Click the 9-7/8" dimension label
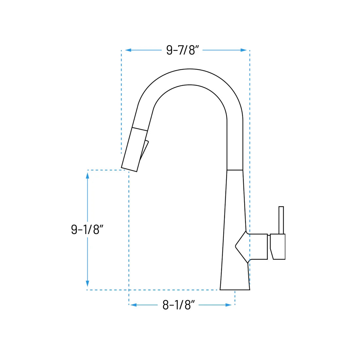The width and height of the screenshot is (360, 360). [183, 50]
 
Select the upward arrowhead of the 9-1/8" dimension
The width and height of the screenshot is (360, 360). [87, 175]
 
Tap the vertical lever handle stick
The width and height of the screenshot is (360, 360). [281, 220]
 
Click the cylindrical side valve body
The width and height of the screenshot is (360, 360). [258, 247]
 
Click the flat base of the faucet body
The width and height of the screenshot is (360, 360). [235, 289]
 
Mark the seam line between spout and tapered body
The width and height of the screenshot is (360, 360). [235, 170]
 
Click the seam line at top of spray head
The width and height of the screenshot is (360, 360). [140, 129]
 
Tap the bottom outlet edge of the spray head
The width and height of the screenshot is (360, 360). [129, 170]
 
